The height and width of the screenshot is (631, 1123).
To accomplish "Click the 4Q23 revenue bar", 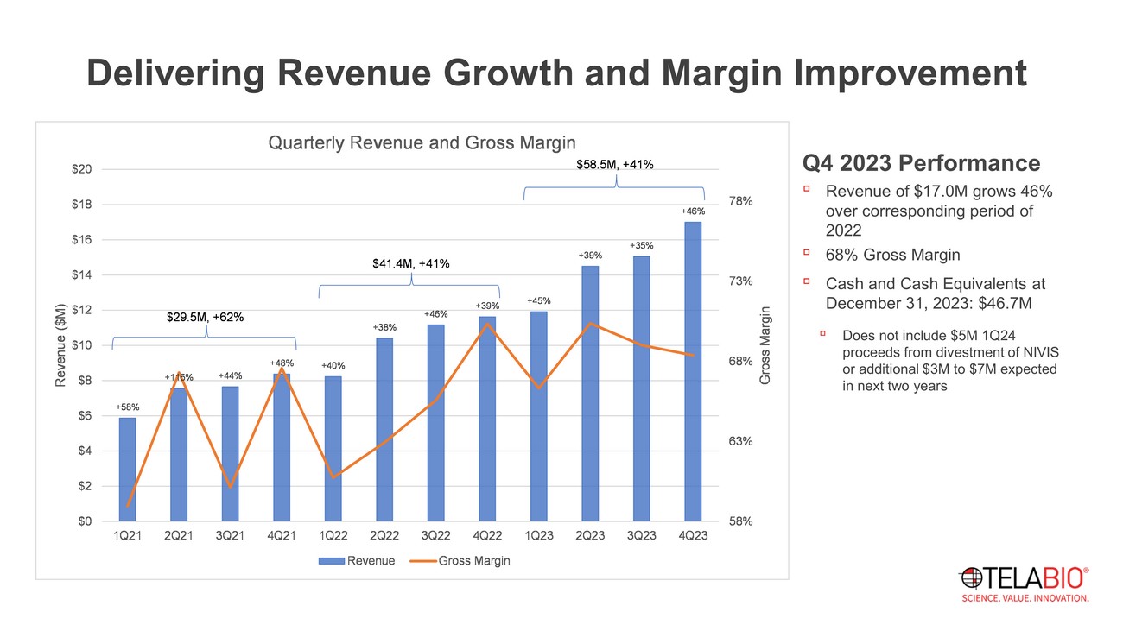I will click(x=693, y=371).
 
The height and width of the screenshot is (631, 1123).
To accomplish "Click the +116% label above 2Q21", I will click(x=179, y=377).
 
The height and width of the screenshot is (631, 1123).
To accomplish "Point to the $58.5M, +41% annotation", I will click(x=614, y=163).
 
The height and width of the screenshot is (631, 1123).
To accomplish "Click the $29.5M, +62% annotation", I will click(x=205, y=318).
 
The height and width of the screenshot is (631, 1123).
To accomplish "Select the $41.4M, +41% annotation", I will click(x=410, y=262).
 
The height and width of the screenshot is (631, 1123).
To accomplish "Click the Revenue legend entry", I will click(x=357, y=561).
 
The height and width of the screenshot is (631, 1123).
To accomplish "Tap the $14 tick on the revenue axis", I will click(x=82, y=274).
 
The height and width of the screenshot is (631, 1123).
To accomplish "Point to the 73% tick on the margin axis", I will click(x=741, y=281).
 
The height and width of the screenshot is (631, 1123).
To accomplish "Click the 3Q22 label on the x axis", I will click(x=435, y=536).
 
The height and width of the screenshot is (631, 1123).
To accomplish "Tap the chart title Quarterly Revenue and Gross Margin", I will click(x=422, y=142).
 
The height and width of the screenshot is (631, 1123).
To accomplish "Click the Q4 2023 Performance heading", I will click(x=921, y=163).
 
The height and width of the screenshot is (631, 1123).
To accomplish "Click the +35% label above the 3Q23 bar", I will click(x=641, y=246).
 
